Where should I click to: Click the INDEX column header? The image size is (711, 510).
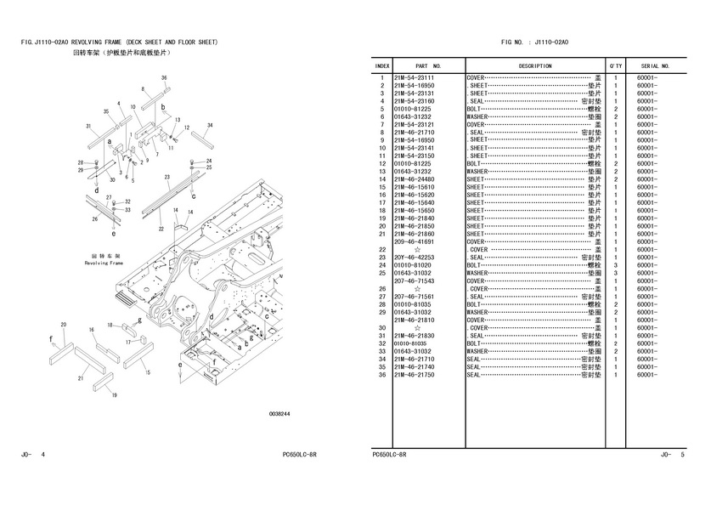pos(382,65)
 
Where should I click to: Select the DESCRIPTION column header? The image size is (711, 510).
pos(535,65)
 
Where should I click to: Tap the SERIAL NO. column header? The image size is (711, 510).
pos(656,65)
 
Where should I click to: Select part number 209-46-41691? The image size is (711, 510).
pos(414,242)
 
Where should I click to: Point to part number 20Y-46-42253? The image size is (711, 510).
pos(414,258)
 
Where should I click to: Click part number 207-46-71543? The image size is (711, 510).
pos(414,280)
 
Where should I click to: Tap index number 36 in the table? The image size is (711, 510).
pos(383,375)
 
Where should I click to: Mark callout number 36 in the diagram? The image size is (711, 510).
pos(164,78)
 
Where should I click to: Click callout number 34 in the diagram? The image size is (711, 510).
pos(209,125)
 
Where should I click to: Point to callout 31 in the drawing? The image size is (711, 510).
pos(88,126)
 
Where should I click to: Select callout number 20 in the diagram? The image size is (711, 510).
pos(64,325)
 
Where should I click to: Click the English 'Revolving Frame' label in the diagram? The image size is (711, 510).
pos(104,263)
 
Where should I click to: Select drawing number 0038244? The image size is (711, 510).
pos(279,413)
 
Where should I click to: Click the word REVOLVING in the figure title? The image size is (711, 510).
pos(89,42)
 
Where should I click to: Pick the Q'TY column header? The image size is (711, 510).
pos(615,65)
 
